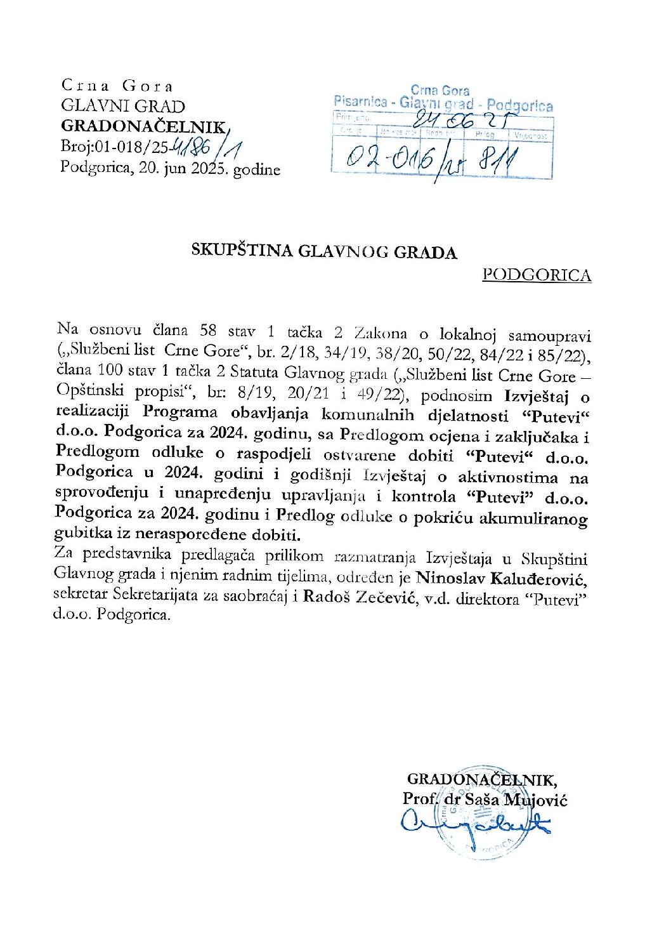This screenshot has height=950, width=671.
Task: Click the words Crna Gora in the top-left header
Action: [117, 86]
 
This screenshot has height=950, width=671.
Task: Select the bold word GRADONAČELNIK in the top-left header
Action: [143, 126]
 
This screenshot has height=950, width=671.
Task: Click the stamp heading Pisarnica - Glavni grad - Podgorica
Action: [443, 103]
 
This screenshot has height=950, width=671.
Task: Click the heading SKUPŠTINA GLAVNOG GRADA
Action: [324, 252]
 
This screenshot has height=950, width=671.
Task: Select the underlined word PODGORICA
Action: [537, 275]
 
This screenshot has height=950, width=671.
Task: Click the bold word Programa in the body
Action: [179, 412]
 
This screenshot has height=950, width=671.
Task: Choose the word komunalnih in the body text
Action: [368, 416]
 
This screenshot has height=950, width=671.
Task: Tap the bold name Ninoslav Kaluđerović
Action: [502, 579]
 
